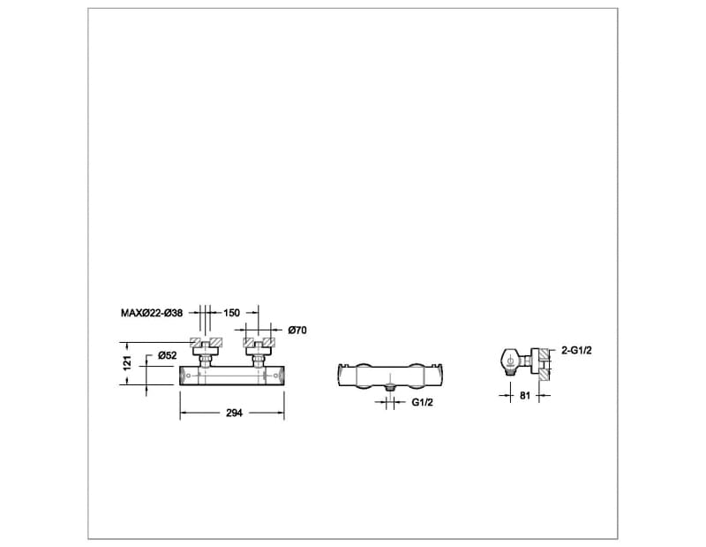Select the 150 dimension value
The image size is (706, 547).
(x=232, y=313)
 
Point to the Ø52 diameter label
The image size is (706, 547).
(x=169, y=355)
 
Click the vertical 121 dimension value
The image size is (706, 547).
(x=127, y=362)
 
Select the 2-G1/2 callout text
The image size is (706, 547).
(x=576, y=351)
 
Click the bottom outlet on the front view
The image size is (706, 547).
(x=389, y=386)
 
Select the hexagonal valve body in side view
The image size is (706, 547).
(x=508, y=361)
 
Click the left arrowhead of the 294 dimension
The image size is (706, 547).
(x=184, y=413)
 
